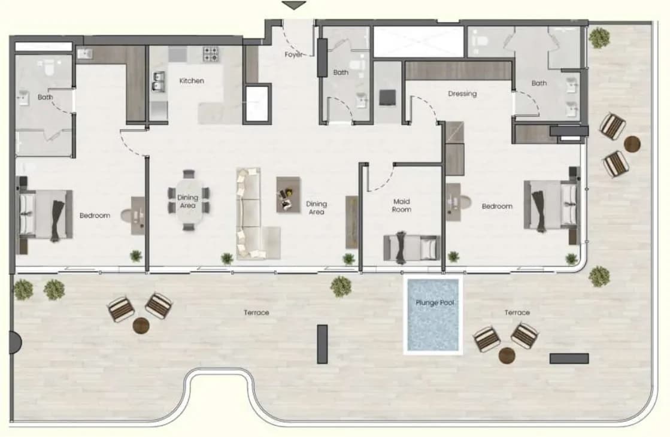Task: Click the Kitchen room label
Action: tap(192, 81)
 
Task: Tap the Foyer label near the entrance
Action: tap(293, 54)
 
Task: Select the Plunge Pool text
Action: tap(435, 303)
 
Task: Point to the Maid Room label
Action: tap(402, 205)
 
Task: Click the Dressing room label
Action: tap(462, 93)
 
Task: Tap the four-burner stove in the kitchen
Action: tap(211, 54)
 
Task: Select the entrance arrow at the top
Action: tap(294, 5)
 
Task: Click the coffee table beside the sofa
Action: tap(289, 195)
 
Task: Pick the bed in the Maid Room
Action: tap(411, 248)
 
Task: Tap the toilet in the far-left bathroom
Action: tap(48, 66)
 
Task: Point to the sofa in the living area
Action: tap(254, 214)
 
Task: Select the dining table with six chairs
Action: tap(189, 201)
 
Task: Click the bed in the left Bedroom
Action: tap(44, 216)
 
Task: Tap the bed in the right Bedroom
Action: tap(551, 206)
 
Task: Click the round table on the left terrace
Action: tap(141, 326)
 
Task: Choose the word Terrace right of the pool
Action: tap(517, 312)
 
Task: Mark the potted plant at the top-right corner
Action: tap(599, 38)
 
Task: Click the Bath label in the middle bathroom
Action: tap(341, 72)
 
